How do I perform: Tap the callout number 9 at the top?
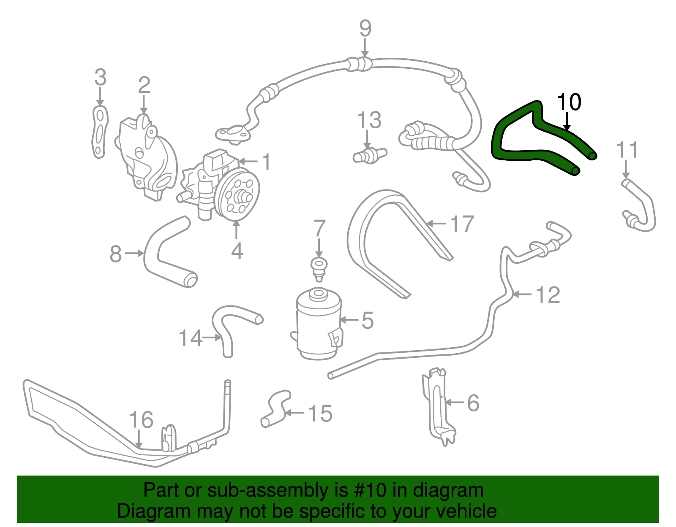[365, 29]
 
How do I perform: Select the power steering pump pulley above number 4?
[237, 195]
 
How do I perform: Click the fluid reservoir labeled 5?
[319, 325]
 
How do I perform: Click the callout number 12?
[548, 295]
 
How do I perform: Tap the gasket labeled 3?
[100, 132]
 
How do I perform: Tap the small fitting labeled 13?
[369, 155]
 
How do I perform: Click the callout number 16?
[141, 420]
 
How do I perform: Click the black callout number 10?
[569, 102]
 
